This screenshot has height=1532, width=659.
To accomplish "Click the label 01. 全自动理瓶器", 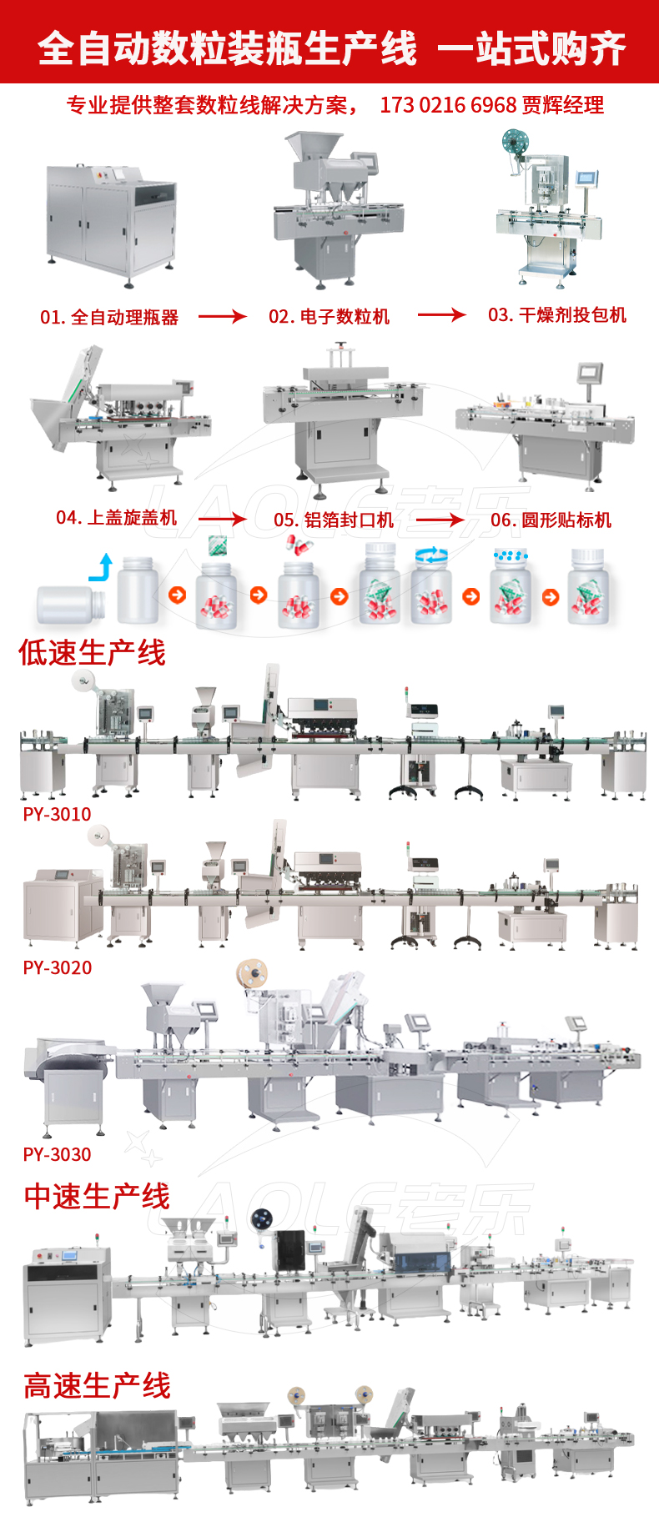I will click(x=109, y=317).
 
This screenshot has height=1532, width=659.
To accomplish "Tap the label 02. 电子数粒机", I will click(x=329, y=317).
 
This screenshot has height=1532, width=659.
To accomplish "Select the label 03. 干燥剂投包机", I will click(x=556, y=315).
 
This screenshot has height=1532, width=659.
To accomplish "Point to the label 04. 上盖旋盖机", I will click(x=116, y=518).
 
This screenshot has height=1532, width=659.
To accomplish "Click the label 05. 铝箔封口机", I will click(x=334, y=520).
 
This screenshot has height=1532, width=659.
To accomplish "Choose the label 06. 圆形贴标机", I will click(x=551, y=520).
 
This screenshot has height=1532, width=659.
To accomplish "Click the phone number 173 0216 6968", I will click(x=448, y=105).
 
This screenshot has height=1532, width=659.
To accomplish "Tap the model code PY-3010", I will click(x=57, y=814).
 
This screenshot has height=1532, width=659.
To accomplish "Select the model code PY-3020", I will click(x=57, y=967).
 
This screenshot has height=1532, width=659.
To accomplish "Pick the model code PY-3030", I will click(x=57, y=1154).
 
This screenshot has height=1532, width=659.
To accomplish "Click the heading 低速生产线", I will click(x=92, y=652).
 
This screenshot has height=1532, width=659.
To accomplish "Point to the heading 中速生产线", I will click(x=97, y=1196).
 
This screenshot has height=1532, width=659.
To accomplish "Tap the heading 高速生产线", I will click(x=97, y=1385).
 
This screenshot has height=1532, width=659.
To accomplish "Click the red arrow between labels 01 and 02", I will click(x=222, y=316).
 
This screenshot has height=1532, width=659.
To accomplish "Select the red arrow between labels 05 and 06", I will click(x=440, y=520).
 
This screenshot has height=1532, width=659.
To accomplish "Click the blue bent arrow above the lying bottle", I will click(x=102, y=568).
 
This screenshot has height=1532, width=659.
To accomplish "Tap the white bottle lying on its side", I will click(x=70, y=604).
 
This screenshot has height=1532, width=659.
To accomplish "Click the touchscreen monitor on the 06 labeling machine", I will click(x=590, y=372).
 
